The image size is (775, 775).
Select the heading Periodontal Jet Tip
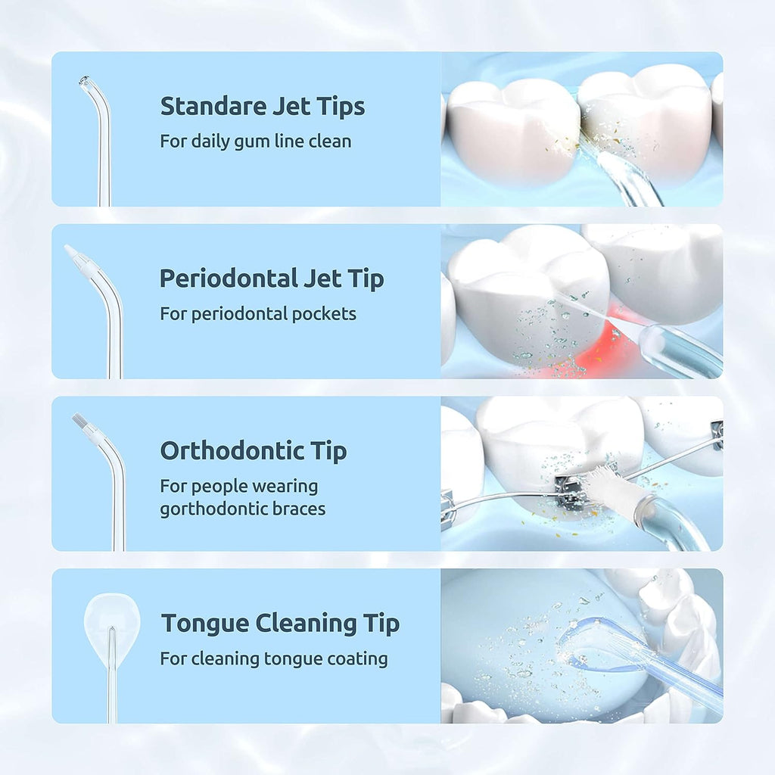click(271, 279)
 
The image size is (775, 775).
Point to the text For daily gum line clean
click(255, 141)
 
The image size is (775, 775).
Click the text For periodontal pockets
click(257, 313)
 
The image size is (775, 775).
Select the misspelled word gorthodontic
click(214, 509)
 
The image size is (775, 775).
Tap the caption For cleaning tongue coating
click(273, 658)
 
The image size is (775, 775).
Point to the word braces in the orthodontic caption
click(299, 509)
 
